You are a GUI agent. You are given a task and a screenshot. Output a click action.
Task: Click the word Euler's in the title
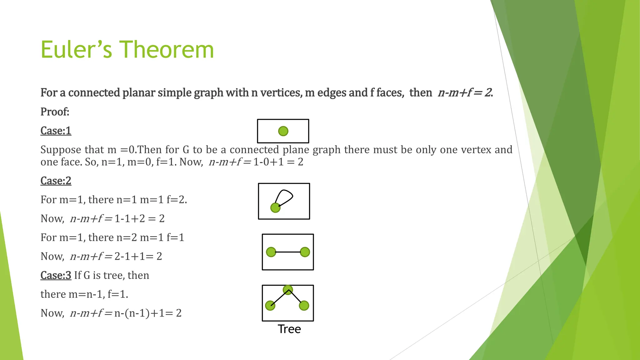(x=76, y=50)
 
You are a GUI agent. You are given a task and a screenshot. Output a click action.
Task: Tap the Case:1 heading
(x=56, y=131)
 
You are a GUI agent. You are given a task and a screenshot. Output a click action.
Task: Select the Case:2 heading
(x=56, y=181)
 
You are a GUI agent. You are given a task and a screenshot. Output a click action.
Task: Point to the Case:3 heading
(x=56, y=275)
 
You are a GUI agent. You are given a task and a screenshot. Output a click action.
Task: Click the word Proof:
(x=55, y=112)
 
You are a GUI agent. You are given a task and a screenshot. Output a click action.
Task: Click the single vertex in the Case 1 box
(x=283, y=131)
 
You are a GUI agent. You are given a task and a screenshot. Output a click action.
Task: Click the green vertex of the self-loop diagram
(x=275, y=208)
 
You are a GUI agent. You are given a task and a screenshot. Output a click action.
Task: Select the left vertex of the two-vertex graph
(x=271, y=252)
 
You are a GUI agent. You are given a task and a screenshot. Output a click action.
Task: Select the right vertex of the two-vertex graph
(x=305, y=252)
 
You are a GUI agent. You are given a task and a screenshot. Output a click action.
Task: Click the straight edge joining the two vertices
(x=288, y=252)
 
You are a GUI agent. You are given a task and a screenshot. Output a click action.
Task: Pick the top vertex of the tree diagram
(x=287, y=289)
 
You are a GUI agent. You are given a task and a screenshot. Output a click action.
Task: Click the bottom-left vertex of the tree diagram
(x=270, y=306)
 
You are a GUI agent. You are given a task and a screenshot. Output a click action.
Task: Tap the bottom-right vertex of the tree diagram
(x=304, y=306)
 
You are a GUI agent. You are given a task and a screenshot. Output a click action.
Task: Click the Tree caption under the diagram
(x=289, y=329)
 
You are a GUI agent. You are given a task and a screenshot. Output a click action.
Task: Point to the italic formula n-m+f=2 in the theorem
(x=465, y=93)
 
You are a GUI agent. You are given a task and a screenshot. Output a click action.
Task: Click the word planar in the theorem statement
(x=138, y=93)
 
